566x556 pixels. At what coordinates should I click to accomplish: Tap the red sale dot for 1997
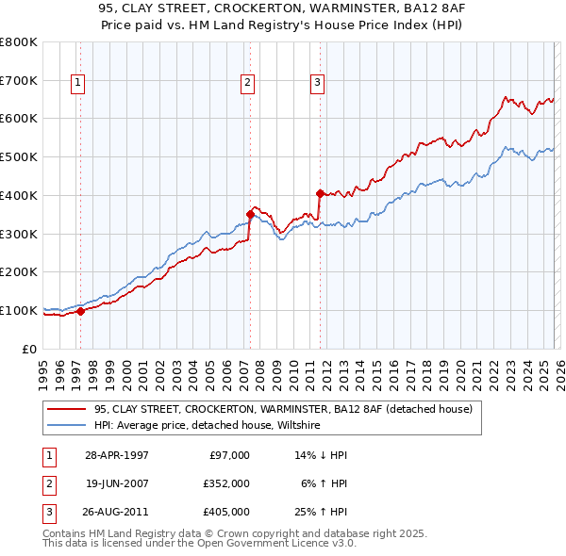81,310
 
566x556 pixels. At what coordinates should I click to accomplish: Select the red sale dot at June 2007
251,213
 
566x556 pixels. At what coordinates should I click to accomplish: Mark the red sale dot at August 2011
321,192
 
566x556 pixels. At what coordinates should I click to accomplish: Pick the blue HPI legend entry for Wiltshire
208,426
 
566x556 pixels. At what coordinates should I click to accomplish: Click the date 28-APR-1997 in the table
116,455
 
